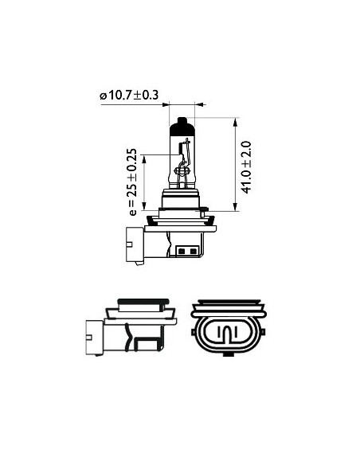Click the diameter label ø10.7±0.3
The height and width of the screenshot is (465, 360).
[129, 96]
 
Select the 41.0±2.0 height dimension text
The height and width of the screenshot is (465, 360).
[246, 167]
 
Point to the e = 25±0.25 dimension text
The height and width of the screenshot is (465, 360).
[132, 182]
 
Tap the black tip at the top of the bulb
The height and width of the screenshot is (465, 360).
[182, 121]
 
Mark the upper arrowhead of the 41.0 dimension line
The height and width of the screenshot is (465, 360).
[236, 122]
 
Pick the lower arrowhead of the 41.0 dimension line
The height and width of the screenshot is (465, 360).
[236, 207]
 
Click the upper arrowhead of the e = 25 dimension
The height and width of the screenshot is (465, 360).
[144, 159]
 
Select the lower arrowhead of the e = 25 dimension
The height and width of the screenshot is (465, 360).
[144, 205]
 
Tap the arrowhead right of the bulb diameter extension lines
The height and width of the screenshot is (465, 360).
[200, 104]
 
